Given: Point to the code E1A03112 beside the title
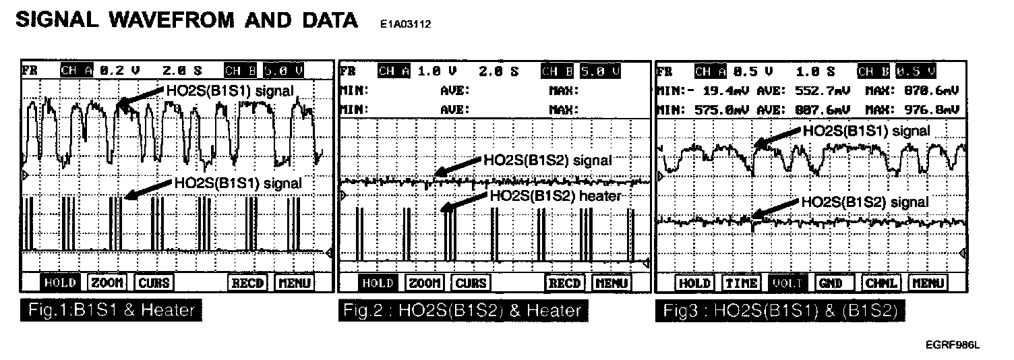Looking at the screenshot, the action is click(405, 24).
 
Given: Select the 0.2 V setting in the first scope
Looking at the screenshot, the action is click(119, 70).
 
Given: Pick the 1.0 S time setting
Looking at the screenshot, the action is click(815, 70).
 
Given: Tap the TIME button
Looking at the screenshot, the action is click(741, 283).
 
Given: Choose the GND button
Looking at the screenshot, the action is click(830, 283).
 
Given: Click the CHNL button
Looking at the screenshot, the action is click(881, 283).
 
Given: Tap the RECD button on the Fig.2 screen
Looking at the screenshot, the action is click(564, 283).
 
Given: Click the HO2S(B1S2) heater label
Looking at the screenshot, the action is click(554, 195).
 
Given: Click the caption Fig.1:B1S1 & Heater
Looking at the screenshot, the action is click(111, 311).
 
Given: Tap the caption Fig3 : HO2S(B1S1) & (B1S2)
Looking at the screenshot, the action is click(779, 311).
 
